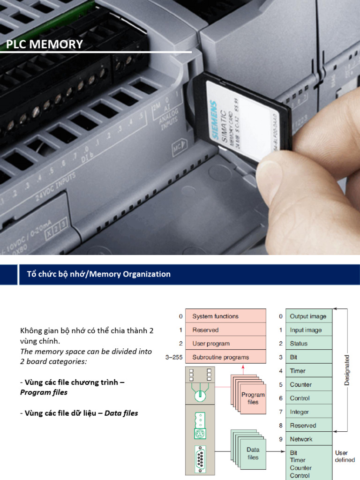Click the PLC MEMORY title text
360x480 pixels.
(x=45, y=45)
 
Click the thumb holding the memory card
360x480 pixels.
(x=300, y=187)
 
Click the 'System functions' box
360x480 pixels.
(x=225, y=316)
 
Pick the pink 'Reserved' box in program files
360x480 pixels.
(x=225, y=330)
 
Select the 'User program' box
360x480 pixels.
(x=225, y=344)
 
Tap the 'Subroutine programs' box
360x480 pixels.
(x=225, y=357)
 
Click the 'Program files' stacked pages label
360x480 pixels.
(x=253, y=398)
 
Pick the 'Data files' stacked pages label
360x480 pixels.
(x=253, y=453)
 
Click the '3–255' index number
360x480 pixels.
(x=174, y=357)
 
